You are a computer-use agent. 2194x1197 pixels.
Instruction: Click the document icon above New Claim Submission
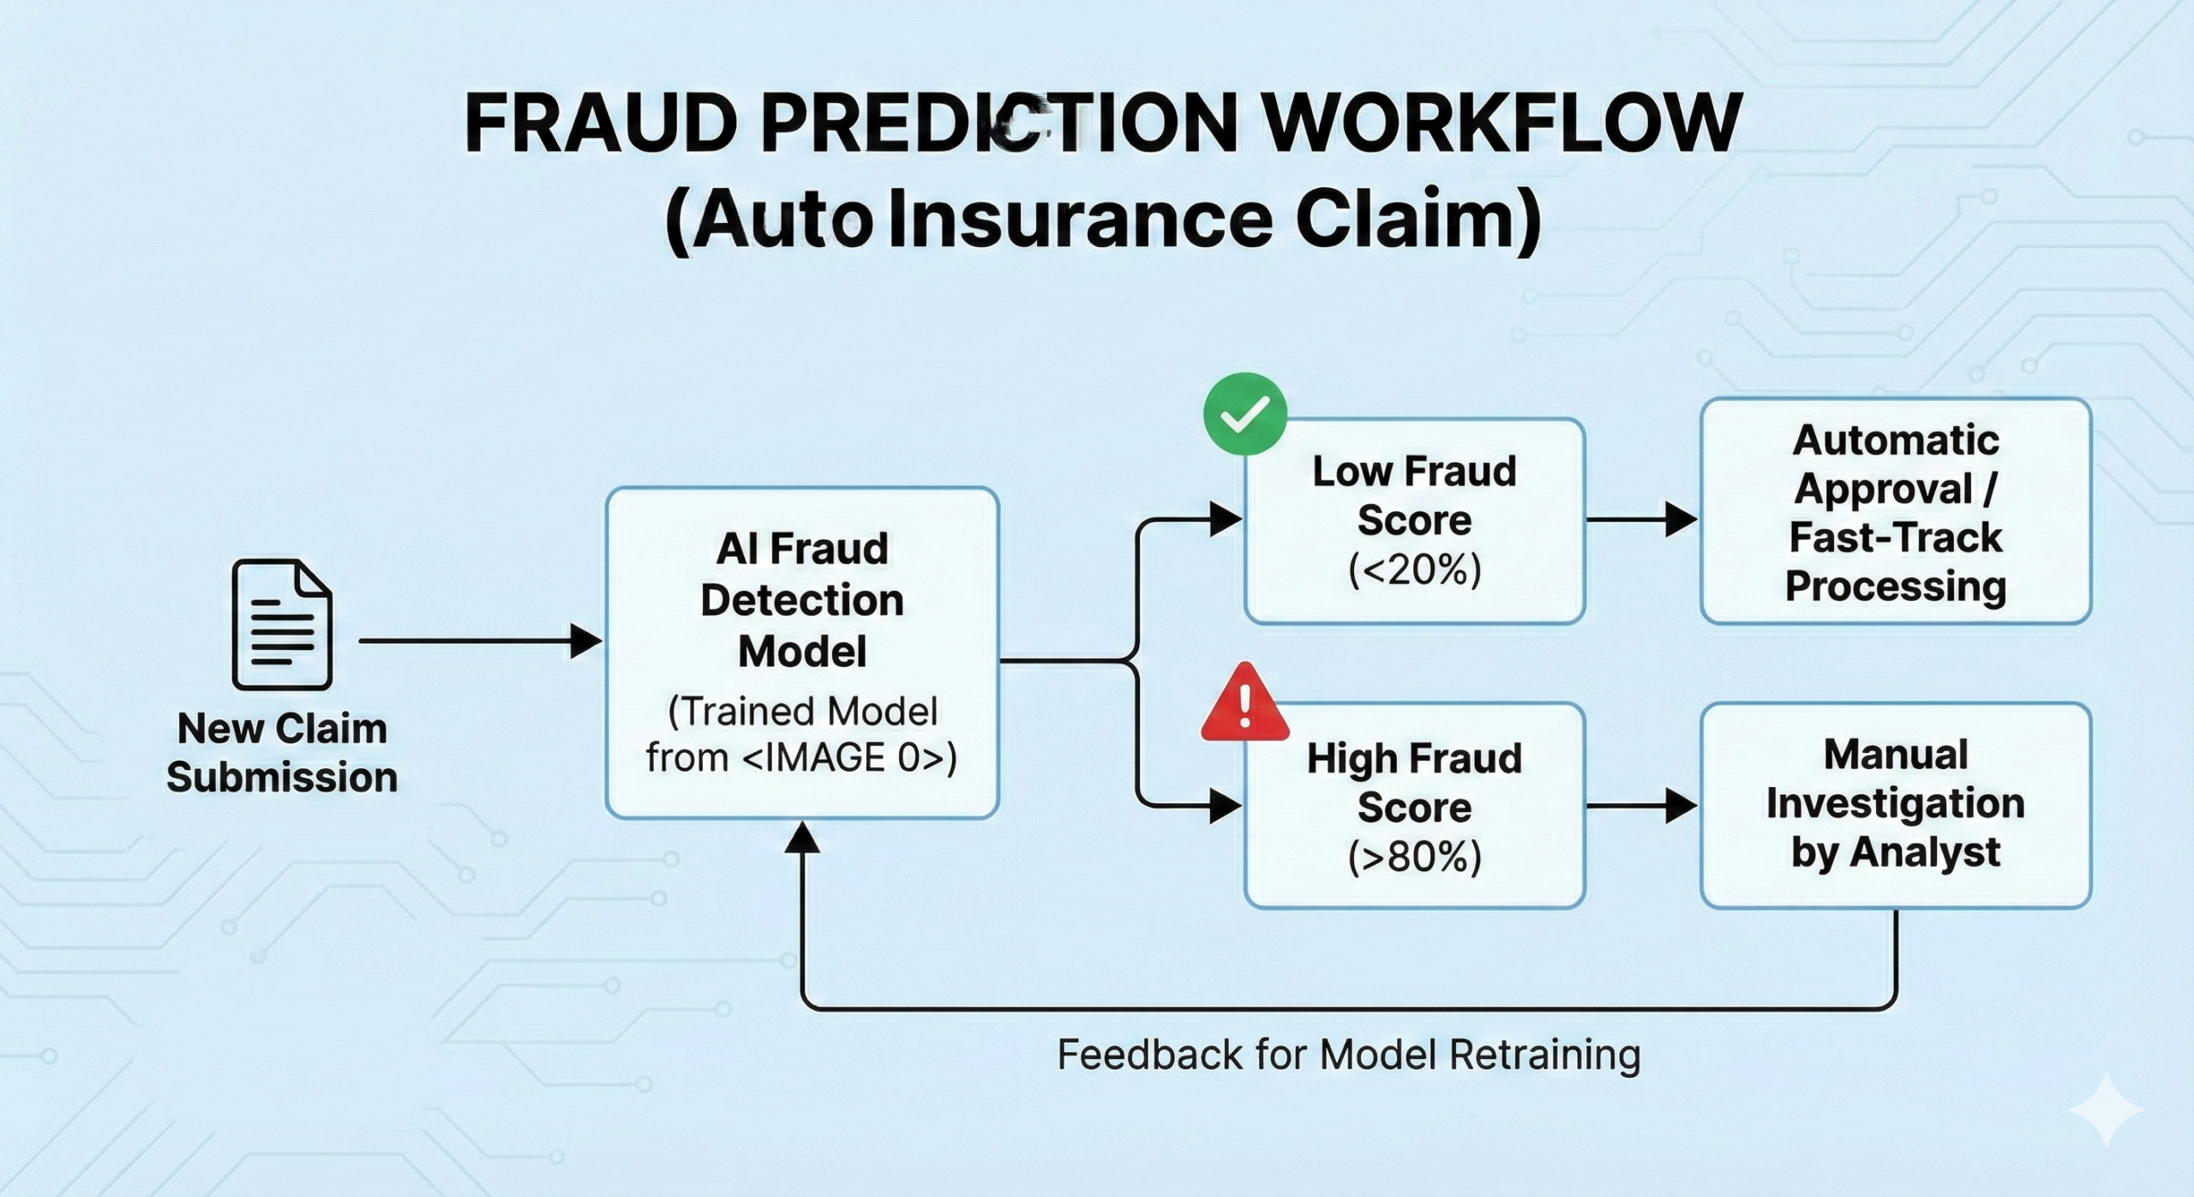tap(282, 623)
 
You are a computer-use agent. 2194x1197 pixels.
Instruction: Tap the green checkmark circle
tap(1244, 414)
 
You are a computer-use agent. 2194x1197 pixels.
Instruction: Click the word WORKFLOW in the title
tap(1502, 125)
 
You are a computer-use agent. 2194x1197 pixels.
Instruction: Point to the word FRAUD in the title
tap(601, 125)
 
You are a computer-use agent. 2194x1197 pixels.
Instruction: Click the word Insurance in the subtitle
tap(1081, 220)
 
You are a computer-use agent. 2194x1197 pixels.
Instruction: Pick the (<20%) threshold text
tap(1414, 570)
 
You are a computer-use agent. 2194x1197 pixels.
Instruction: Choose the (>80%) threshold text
tap(1414, 857)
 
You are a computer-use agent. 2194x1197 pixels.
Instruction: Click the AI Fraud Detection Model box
tap(802, 652)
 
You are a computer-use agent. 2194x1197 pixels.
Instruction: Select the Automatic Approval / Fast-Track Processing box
tap(1896, 512)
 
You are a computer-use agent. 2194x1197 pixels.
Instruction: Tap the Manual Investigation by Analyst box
tap(1896, 804)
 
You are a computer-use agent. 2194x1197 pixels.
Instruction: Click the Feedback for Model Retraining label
tap(1348, 1054)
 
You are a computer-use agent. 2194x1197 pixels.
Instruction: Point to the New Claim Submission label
tap(282, 753)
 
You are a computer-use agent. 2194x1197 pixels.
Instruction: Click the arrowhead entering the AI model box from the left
tap(586, 641)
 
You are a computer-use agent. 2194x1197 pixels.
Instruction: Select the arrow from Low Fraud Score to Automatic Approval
tap(1641, 520)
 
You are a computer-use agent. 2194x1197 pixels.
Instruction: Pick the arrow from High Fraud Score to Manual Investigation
tap(1641, 806)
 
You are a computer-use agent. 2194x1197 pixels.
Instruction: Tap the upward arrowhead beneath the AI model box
tap(802, 838)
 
